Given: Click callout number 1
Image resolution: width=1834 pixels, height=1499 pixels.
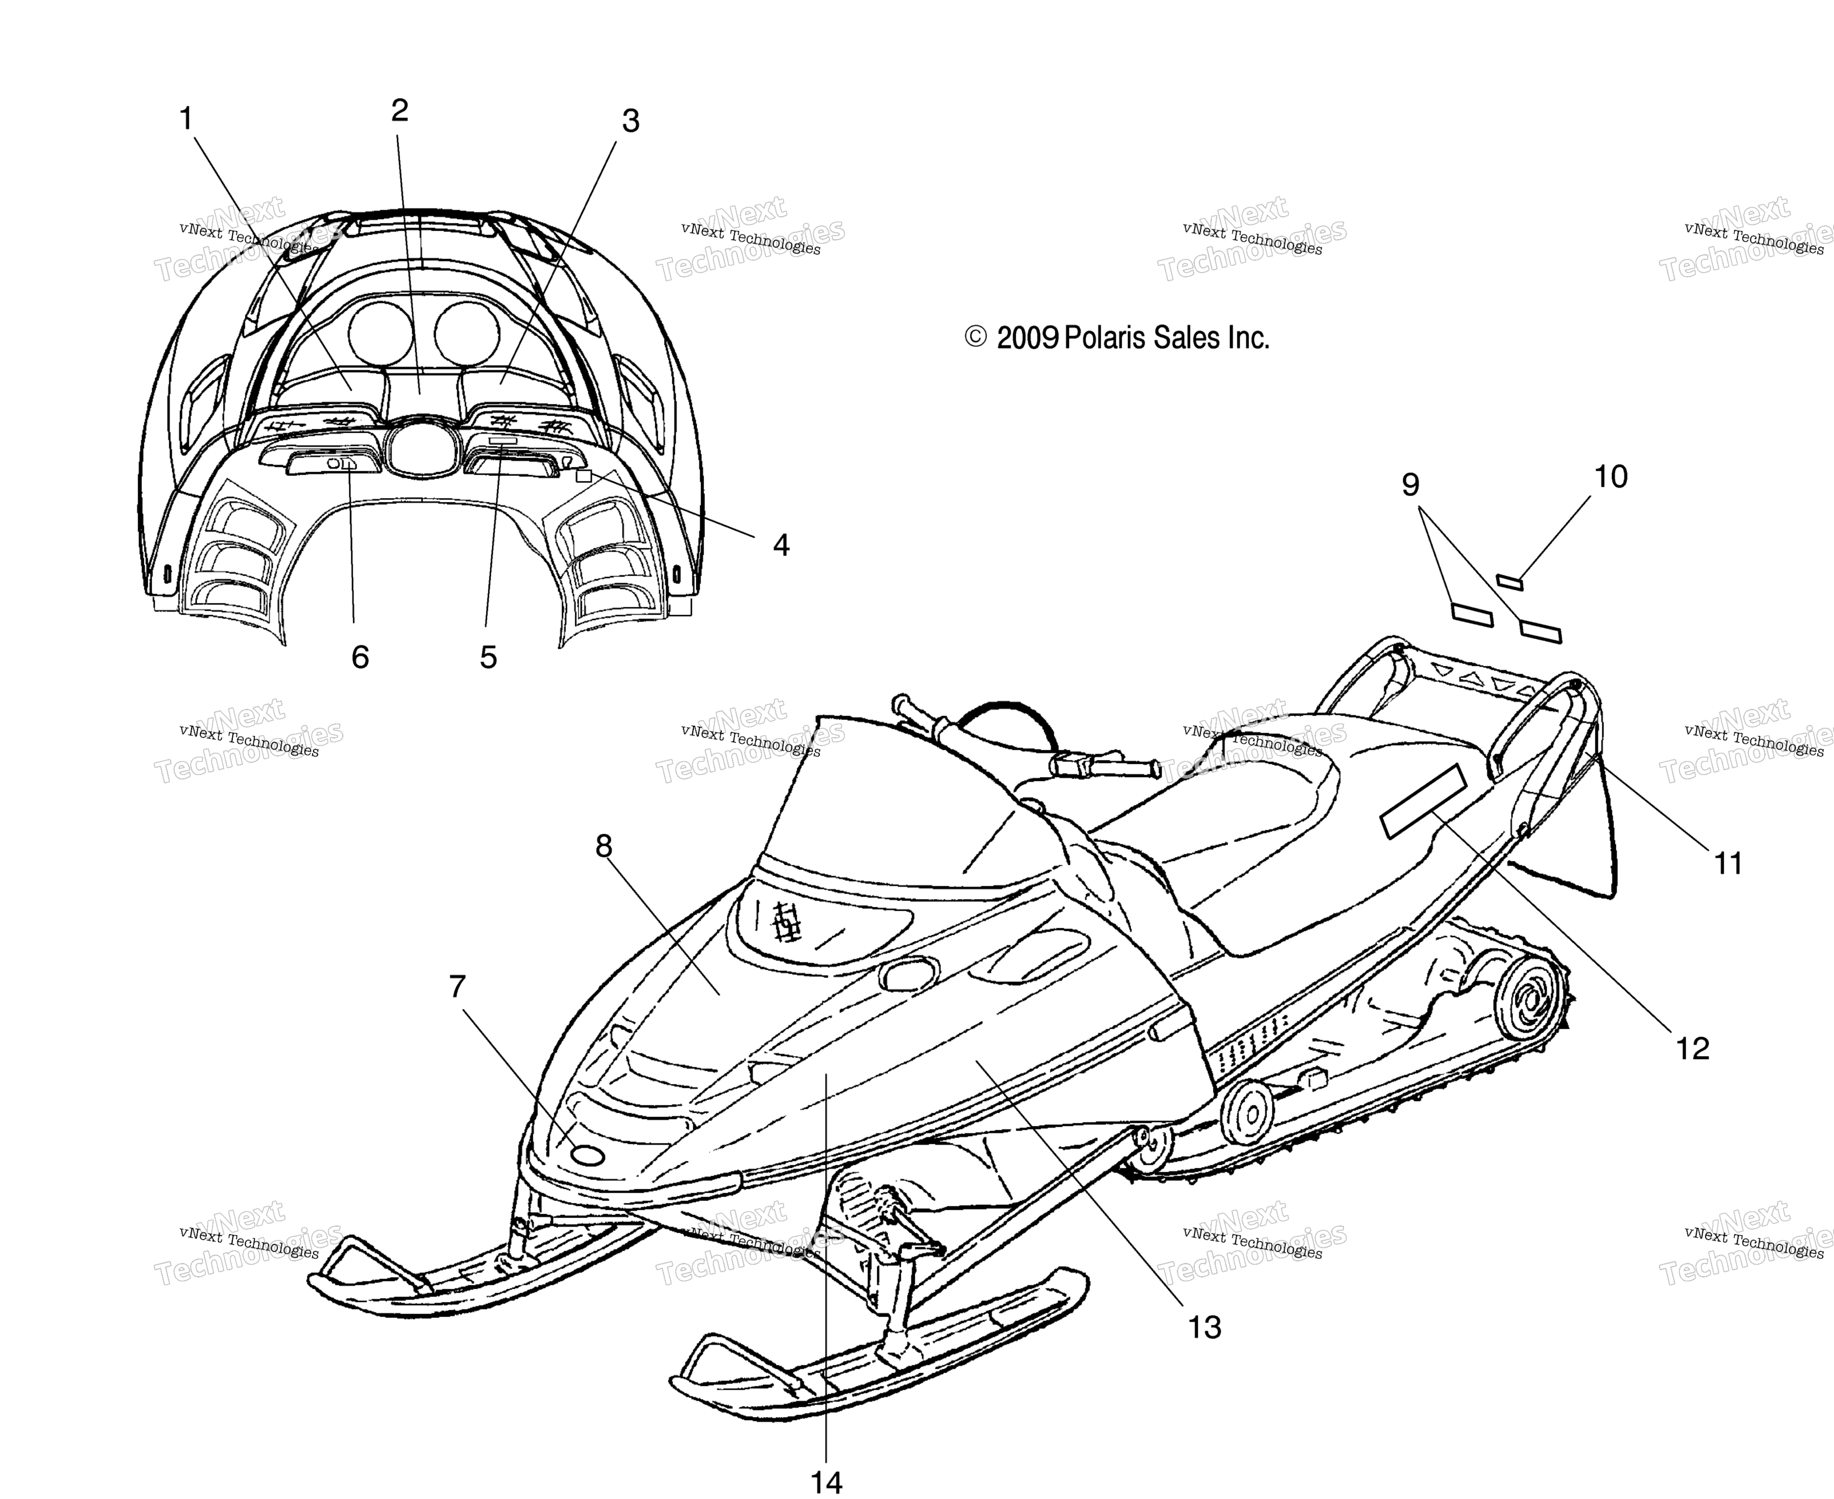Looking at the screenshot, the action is [x=186, y=119].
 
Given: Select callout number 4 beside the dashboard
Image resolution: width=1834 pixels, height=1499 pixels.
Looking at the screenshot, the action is [x=781, y=545].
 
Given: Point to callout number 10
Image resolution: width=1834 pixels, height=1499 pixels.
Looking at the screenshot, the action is [x=1611, y=477].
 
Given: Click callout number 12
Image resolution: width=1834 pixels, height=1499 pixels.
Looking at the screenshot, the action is [x=1693, y=1048].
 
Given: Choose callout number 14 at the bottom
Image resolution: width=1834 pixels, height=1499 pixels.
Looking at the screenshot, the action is [x=826, y=1482].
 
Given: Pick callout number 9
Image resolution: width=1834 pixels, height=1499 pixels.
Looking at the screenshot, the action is [x=1410, y=485].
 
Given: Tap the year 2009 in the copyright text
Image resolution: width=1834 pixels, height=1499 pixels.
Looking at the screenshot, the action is [x=1028, y=338].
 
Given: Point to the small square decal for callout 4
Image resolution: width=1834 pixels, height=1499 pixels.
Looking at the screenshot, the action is [x=584, y=476].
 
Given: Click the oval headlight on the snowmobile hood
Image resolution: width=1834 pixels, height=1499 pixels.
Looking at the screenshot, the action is [x=908, y=973].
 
